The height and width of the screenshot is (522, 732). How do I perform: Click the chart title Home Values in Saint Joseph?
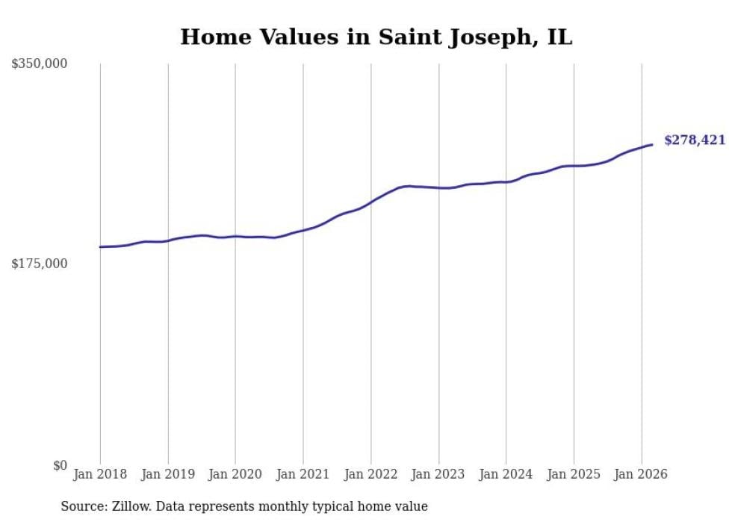(376, 37)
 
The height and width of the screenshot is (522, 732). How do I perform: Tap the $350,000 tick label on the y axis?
(39, 64)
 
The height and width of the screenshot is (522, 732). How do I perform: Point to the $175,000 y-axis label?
(39, 264)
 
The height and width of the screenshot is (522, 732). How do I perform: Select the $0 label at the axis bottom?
(60, 465)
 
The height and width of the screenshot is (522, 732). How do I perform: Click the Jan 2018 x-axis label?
(100, 474)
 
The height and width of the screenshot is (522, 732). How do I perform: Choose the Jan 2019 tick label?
(168, 474)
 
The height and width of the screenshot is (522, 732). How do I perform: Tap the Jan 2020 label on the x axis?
(235, 474)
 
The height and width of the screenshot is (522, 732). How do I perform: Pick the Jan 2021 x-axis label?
(303, 474)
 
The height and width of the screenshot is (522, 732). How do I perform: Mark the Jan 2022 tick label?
(370, 474)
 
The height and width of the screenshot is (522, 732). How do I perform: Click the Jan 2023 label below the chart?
(438, 474)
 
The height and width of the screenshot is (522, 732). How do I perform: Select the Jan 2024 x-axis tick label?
(506, 474)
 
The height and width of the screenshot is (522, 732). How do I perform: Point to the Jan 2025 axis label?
(574, 474)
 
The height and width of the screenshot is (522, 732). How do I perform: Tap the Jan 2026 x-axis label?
(641, 474)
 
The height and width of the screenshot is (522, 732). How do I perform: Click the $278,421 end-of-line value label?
(694, 140)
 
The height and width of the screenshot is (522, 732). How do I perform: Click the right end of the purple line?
(652, 144)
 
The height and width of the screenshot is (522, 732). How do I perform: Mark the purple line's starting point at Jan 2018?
(100, 247)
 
